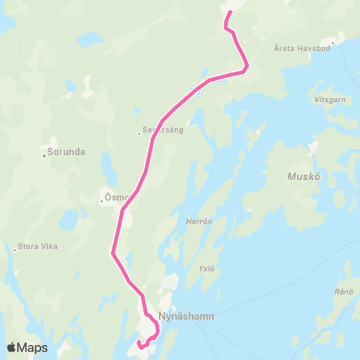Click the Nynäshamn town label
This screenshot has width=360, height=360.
click(187, 316)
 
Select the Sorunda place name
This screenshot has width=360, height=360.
click(66, 151)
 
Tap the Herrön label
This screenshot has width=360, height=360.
click(196, 221)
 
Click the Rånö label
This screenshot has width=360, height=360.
click(345, 292)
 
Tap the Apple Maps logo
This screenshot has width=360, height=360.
click(27, 347)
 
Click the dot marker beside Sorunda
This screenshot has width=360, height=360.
click(44, 156)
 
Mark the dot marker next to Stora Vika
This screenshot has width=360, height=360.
click(14, 249)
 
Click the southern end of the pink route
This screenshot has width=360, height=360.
click(139, 346)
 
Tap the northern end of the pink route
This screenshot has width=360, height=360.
click(230, 11)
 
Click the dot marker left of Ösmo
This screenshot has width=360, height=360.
click(101, 201)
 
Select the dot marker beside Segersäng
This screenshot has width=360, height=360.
click(139, 133)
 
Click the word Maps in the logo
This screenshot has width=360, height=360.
click(33, 347)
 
